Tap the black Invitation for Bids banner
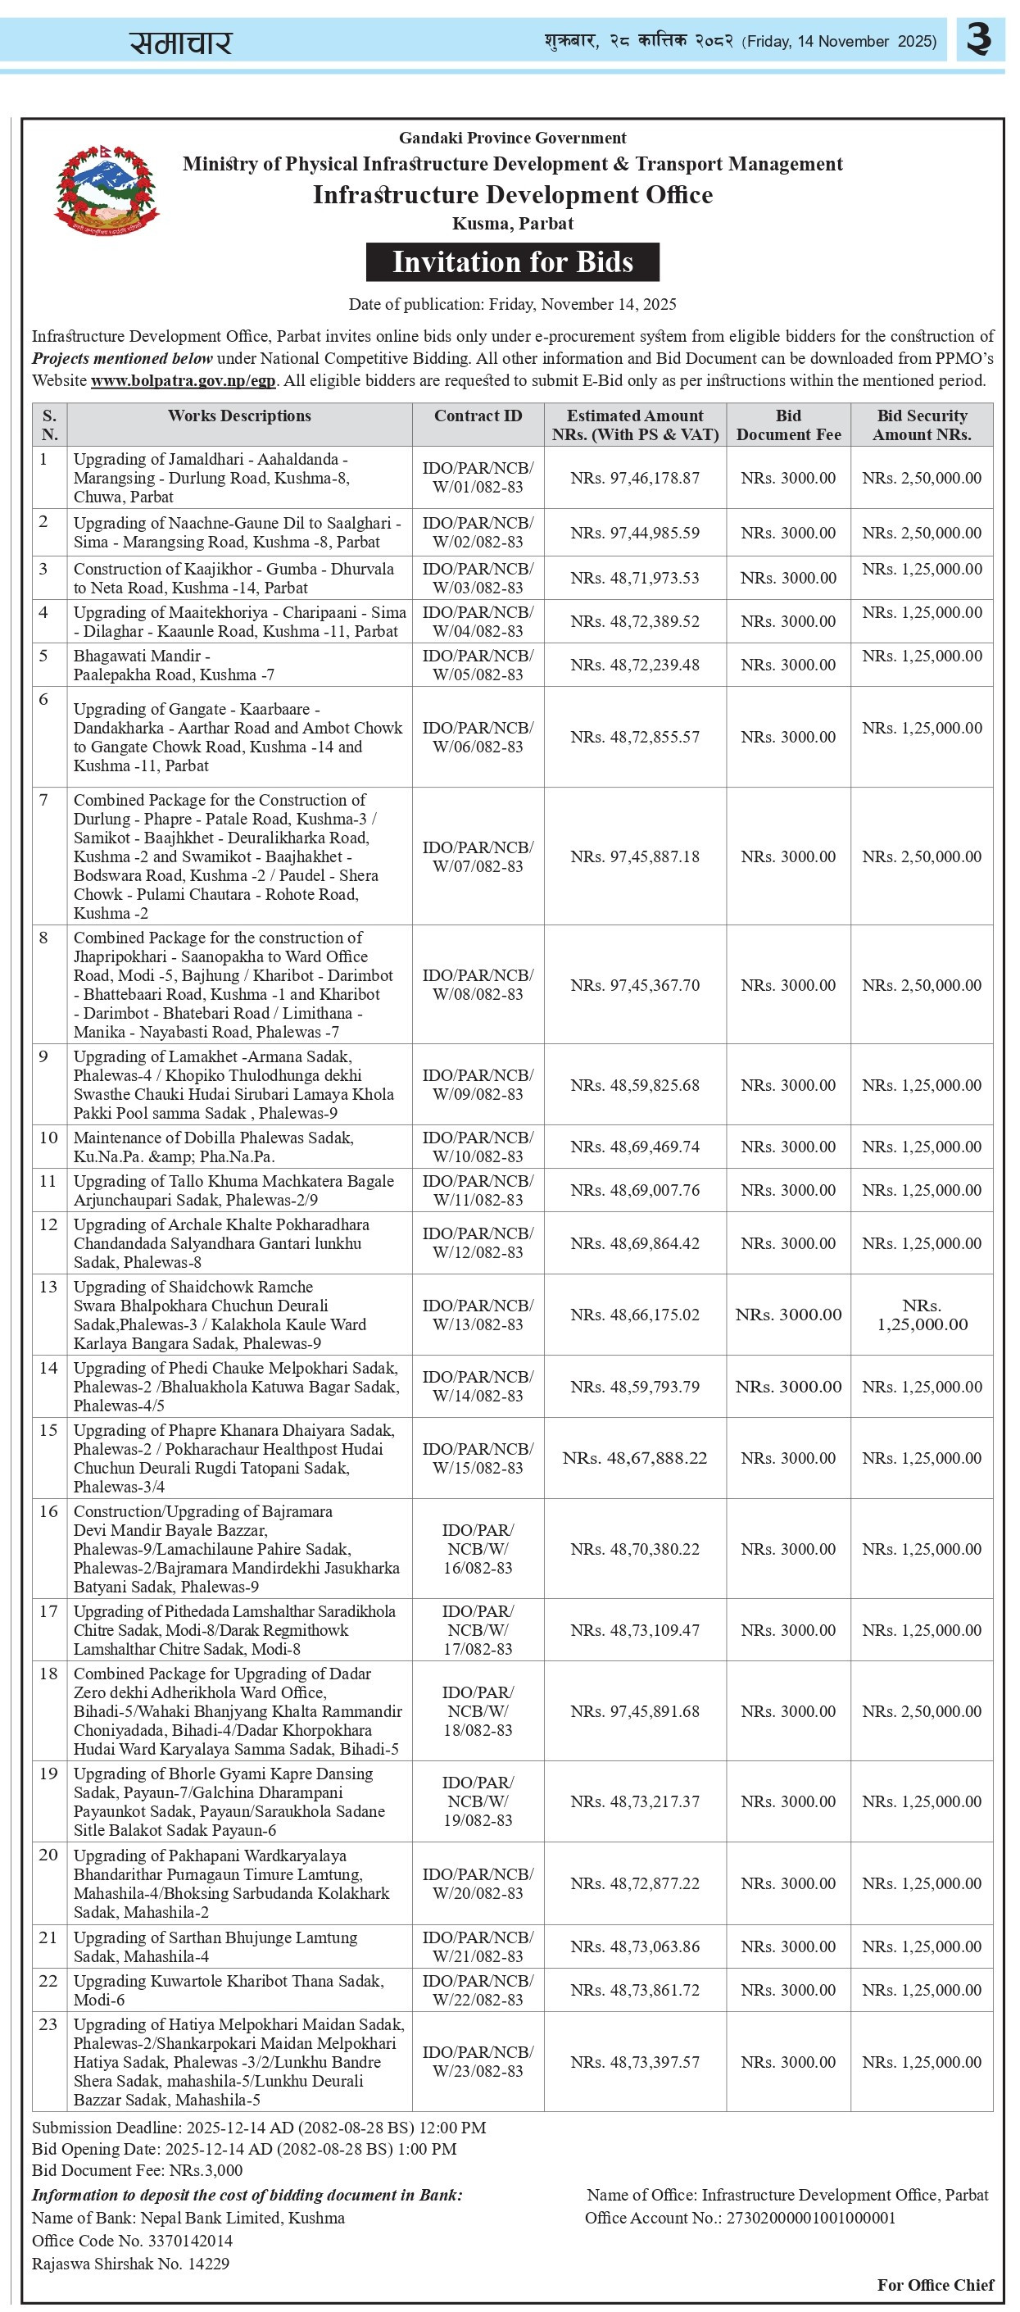512,262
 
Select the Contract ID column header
478,416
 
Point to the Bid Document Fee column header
787,425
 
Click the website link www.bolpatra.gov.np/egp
183,380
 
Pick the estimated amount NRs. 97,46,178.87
634,479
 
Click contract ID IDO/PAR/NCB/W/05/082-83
478,665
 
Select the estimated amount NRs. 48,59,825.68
634,1085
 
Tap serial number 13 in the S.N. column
48,1287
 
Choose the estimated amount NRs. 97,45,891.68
634,1710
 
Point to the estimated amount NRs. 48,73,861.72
634,1990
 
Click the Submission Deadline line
259,2127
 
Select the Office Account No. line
740,2218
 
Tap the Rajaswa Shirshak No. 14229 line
130,2264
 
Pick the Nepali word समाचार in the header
180,42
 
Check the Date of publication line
512,304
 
